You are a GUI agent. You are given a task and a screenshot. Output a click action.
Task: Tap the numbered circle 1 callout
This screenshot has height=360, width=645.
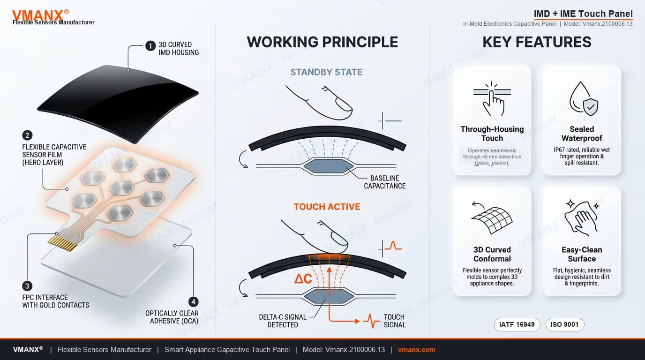(150, 46)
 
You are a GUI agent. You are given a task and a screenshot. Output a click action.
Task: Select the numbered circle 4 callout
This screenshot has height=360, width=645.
(193, 302)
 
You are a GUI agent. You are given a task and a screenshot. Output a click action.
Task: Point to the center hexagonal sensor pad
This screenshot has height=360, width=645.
(122, 188)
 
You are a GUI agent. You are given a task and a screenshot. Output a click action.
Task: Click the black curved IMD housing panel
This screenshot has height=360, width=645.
(118, 104)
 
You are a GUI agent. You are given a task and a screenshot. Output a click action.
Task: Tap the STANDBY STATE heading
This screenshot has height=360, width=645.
(326, 72)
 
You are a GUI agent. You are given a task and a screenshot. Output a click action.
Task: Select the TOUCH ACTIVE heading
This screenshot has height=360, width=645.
(327, 207)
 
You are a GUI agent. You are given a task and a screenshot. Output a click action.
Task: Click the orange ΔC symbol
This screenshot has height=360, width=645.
(303, 278)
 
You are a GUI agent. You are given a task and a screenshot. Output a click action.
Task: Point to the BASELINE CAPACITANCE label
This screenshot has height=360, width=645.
(385, 182)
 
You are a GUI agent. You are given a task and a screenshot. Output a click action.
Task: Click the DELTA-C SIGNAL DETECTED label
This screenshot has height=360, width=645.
(283, 321)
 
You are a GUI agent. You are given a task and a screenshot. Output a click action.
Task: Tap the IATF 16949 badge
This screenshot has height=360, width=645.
(517, 324)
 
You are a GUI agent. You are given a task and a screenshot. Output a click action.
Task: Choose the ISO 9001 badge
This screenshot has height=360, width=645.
(565, 324)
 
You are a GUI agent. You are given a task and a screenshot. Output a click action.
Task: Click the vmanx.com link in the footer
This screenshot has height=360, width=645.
(416, 350)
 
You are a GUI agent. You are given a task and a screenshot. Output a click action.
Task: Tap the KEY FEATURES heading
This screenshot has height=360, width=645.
(537, 42)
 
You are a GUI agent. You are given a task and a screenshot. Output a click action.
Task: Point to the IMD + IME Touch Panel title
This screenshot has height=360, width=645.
(583, 14)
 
